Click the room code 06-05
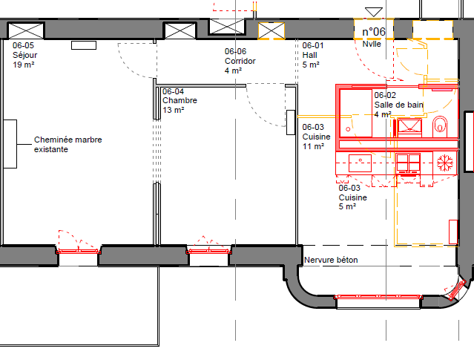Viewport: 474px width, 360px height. (x=23, y=45)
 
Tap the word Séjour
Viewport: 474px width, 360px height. (x=24, y=55)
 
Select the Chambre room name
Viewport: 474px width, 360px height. (x=180, y=100)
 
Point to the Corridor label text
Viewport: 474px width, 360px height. (x=240, y=61)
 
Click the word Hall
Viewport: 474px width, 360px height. (x=309, y=55)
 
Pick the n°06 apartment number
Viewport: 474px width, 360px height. (x=374, y=32)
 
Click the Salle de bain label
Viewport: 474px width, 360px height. (x=398, y=105)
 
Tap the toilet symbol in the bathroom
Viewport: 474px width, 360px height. (x=440, y=126)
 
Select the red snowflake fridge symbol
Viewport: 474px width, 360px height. (x=445, y=163)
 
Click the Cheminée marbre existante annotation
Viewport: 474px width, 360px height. (x=68, y=144)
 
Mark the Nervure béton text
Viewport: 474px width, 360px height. (x=331, y=260)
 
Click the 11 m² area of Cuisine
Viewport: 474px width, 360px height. (x=313, y=146)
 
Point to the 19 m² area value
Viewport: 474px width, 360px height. (x=23, y=65)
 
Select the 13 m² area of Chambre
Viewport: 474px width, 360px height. (x=174, y=110)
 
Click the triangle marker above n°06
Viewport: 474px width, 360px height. (x=374, y=12)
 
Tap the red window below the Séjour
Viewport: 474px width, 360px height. (x=79, y=251)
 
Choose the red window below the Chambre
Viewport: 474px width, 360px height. (x=208, y=251)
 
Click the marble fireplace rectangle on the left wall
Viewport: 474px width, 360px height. (x=10, y=144)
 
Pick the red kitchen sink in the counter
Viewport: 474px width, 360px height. (x=360, y=163)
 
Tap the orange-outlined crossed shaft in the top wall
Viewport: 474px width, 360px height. (x=271, y=31)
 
